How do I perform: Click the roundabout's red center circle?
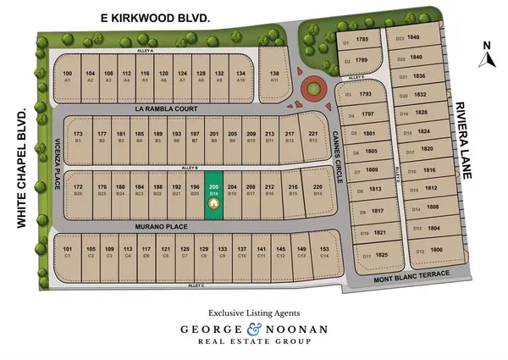313,86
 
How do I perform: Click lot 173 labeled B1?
78,136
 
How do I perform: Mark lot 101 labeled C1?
68,252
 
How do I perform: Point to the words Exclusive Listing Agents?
254,311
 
